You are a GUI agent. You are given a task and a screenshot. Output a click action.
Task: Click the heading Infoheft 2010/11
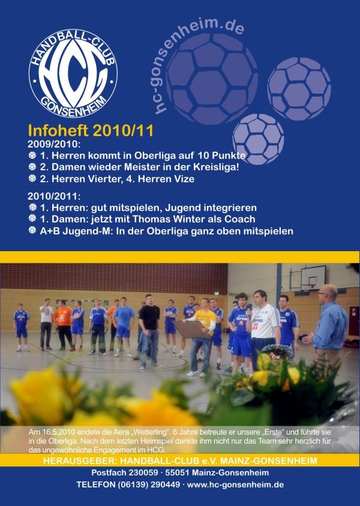(x=91, y=131)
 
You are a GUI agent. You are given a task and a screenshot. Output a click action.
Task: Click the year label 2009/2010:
(x=54, y=144)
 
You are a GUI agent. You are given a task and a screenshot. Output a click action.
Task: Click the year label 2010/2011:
(x=54, y=196)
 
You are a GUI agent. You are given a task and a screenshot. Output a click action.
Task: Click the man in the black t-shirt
(x=149, y=331)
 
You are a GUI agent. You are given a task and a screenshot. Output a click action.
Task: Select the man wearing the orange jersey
(x=63, y=326)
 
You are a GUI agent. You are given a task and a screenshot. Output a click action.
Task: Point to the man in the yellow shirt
(x=203, y=336)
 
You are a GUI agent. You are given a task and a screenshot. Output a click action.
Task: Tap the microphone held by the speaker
(x=249, y=310)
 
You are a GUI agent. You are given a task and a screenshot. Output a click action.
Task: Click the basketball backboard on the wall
(x=313, y=278)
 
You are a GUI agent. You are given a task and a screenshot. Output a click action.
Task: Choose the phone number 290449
(x=163, y=484)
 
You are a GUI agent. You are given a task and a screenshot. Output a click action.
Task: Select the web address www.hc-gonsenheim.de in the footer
(x=235, y=484)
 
